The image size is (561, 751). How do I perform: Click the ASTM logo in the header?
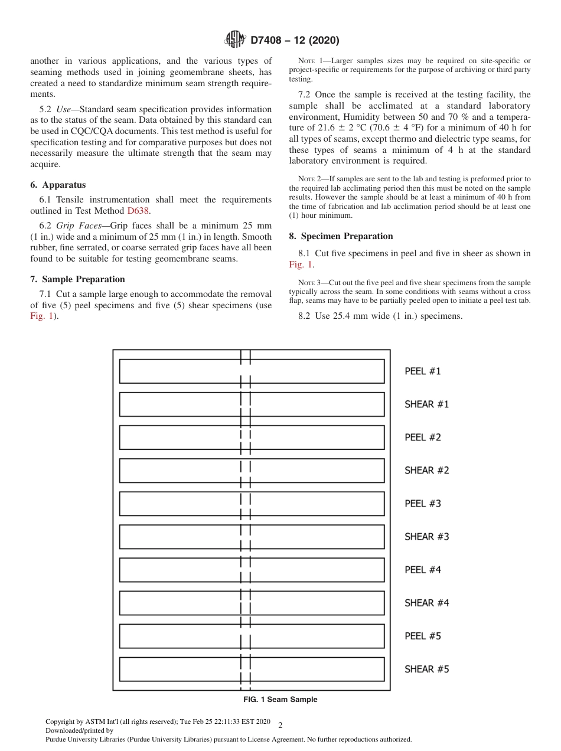235,40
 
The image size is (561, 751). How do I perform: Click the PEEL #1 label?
422,371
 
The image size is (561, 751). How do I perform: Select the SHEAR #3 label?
426,537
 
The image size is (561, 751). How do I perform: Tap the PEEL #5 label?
422,636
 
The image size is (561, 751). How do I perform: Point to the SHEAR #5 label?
426,669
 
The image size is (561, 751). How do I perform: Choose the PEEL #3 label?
422,504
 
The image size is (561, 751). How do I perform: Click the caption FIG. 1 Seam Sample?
280,700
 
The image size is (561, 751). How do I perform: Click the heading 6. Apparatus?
58,185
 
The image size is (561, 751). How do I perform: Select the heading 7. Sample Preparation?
77,279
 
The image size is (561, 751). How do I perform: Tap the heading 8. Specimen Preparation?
341,236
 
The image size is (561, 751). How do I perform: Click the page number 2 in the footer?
280,726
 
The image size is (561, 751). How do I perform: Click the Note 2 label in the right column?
309,179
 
